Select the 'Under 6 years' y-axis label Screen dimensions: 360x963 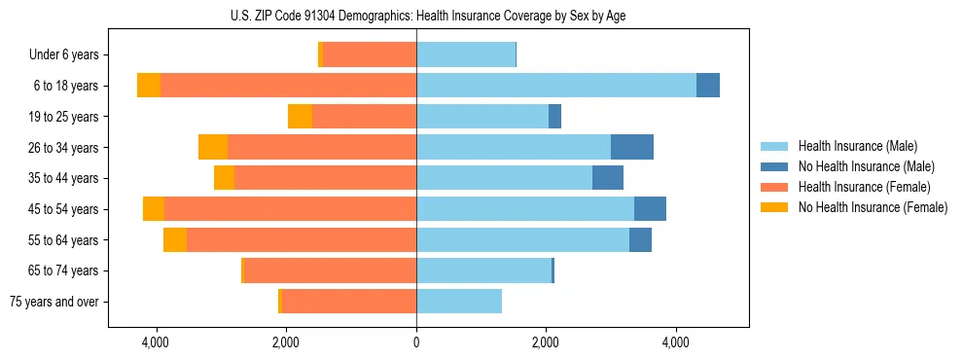70,54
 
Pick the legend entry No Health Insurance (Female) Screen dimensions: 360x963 872,207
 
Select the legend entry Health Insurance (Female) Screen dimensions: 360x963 864,187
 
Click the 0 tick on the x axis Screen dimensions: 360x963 416,342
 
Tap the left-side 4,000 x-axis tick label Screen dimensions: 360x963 156,342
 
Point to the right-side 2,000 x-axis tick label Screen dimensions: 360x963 546,342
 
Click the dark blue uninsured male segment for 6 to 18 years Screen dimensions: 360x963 708,86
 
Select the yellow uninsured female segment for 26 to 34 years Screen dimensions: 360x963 213,147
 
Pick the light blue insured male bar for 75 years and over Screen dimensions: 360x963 459,302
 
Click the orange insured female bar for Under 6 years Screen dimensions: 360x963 370,54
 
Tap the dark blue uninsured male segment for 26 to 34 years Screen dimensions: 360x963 632,147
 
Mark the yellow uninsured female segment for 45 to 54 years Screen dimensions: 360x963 154,209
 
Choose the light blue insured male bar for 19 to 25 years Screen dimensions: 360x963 482,117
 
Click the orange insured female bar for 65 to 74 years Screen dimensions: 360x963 331,270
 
